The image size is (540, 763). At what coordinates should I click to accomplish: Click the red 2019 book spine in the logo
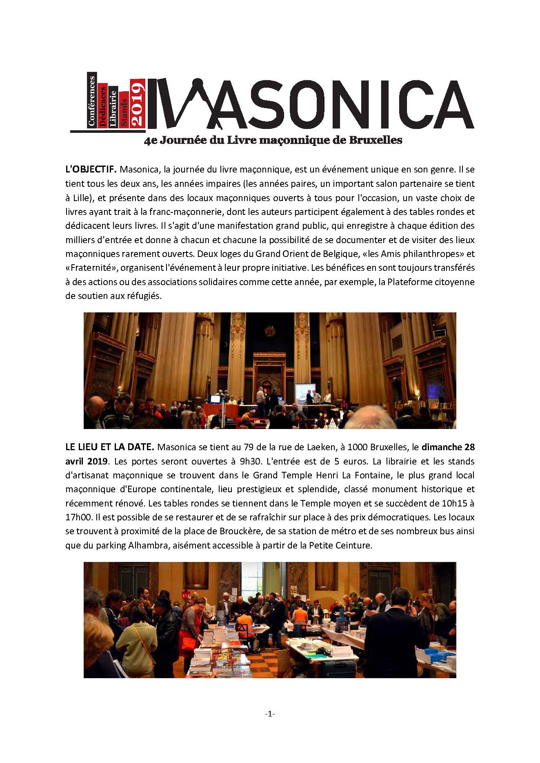138,104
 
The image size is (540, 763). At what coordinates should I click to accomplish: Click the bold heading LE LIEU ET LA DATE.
109,447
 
